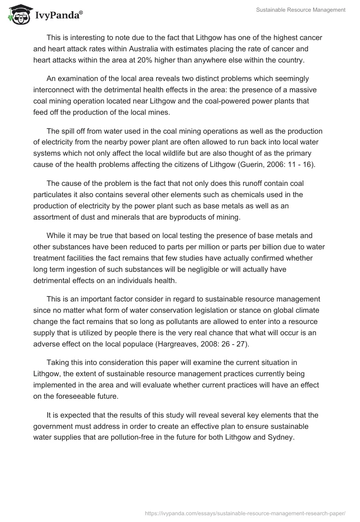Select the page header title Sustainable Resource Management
[301, 9]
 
